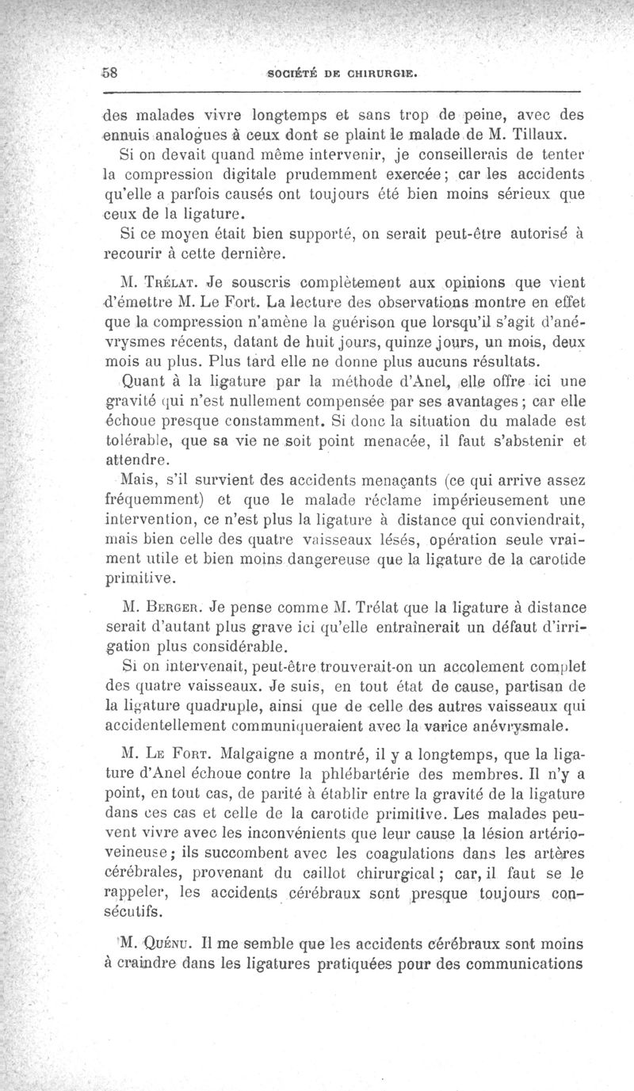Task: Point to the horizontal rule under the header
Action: pos(343,93)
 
